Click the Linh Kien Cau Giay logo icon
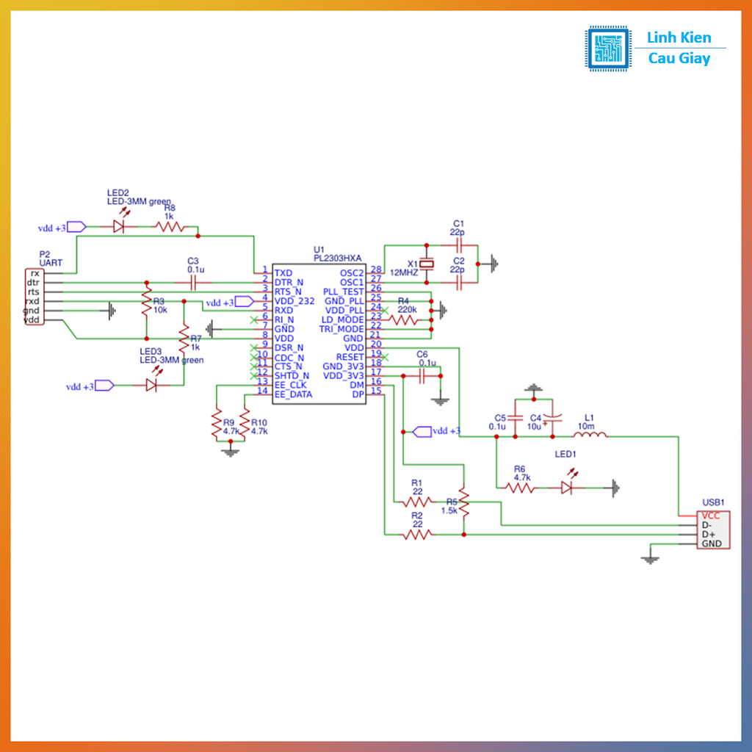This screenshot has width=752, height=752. click(x=608, y=48)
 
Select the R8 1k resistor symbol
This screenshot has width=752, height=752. click(x=170, y=228)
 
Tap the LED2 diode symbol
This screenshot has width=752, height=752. click(x=118, y=228)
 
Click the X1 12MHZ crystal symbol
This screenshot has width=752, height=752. click(x=424, y=264)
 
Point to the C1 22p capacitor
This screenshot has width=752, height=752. click(x=458, y=245)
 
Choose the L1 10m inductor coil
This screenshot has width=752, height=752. click(x=593, y=435)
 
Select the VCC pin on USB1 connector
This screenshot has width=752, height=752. click(x=710, y=516)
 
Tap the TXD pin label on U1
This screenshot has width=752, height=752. click(x=283, y=273)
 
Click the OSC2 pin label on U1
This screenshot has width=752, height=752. click(x=352, y=273)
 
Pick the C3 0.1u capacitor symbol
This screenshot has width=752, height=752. click(x=194, y=282)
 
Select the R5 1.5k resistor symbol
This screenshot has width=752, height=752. click(x=463, y=500)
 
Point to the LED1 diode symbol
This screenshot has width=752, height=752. click(x=567, y=488)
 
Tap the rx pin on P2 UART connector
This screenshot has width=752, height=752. click(x=35, y=273)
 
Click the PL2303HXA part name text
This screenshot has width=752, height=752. click(x=338, y=258)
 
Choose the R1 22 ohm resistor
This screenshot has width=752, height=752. click(x=417, y=502)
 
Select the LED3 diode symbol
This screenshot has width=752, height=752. click(x=152, y=385)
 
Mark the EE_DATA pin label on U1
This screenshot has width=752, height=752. click(x=293, y=394)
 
